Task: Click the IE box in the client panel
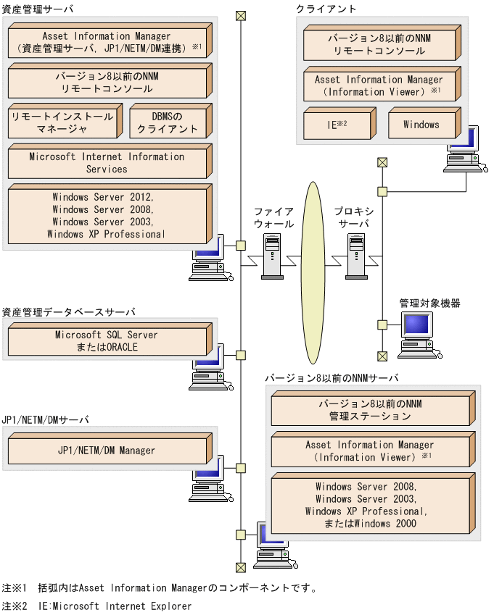tap(338, 124)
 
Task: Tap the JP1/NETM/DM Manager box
tap(107, 451)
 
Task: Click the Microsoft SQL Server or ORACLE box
tap(107, 341)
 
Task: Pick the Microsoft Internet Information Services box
tap(107, 163)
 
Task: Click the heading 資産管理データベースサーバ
tap(69, 312)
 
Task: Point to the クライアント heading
tap(326, 9)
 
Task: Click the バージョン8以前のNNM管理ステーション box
tap(371, 410)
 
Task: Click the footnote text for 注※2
tap(97, 606)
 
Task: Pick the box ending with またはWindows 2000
tap(371, 505)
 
